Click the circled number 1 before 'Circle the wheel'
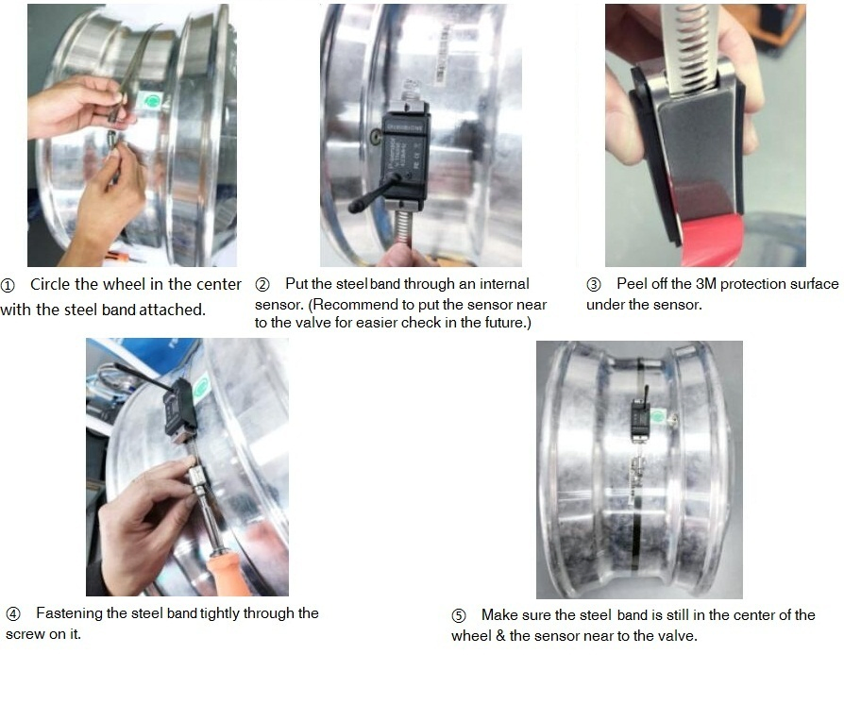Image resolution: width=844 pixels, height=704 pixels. (8, 285)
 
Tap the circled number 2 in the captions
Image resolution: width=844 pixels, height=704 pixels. (263, 284)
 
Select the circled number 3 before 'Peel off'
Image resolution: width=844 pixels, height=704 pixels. (594, 284)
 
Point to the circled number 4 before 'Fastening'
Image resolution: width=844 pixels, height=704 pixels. (13, 614)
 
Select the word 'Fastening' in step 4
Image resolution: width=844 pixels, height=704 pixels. (69, 613)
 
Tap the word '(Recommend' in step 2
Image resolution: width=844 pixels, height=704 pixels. (346, 304)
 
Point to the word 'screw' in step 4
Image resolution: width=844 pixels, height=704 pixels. (24, 634)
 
